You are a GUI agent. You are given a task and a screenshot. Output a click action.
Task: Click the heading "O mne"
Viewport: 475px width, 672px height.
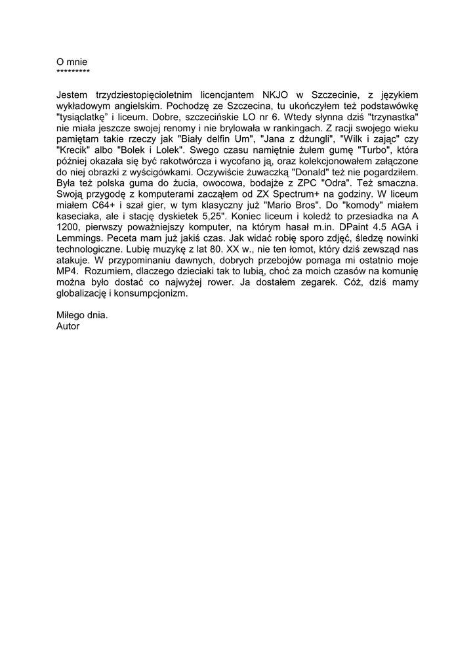pyautogui.click(x=72, y=62)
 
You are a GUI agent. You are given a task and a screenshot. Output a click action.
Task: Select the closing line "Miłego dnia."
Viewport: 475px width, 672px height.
pyautogui.click(x=82, y=315)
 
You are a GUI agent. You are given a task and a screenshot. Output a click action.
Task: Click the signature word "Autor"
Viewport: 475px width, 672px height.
pyautogui.click(x=68, y=325)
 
